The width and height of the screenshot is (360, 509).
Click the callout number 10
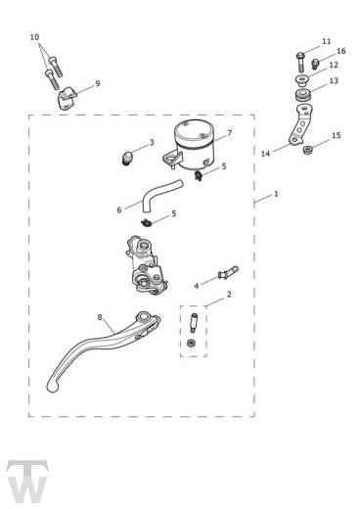point(34,37)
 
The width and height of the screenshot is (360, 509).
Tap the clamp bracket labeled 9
point(67,98)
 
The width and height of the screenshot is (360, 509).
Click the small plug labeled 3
point(126,157)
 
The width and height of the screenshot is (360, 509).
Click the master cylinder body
point(147,266)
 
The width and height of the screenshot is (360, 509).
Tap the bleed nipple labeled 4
point(228,273)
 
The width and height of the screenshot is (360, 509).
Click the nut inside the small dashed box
point(191,343)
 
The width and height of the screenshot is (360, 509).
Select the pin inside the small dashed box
point(193,323)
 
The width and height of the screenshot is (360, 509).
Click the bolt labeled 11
point(300,62)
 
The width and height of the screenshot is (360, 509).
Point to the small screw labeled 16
point(315,64)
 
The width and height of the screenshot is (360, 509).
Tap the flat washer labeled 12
point(303,80)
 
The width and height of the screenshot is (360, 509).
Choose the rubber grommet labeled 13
point(303,95)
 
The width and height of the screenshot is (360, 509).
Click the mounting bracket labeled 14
point(300,125)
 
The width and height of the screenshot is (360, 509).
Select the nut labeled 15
point(307,151)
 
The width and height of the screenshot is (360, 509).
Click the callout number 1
point(276,194)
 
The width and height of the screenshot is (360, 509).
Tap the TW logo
point(27,482)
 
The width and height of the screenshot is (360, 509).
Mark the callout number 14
point(266,154)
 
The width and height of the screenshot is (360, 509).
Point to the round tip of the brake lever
point(53,387)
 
